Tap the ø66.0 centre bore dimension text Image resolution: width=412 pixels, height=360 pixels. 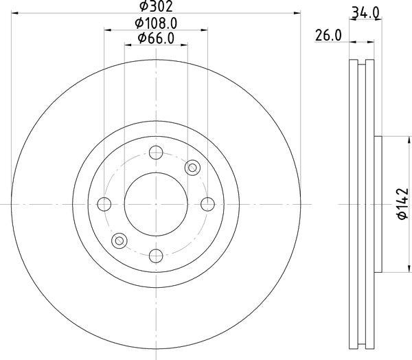coord(156,39)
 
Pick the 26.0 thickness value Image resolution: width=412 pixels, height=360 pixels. coord(328,36)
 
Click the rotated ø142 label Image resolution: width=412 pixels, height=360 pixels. coord(397,204)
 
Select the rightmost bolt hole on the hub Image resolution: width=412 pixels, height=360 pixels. coord(207,204)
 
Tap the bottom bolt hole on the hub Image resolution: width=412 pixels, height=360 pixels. coord(156,255)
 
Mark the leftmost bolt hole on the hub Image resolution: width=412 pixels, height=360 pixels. coord(105,204)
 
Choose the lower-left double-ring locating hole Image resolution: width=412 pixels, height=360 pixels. coord(120,240)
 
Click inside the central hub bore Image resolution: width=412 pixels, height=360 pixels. coord(156,204)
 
